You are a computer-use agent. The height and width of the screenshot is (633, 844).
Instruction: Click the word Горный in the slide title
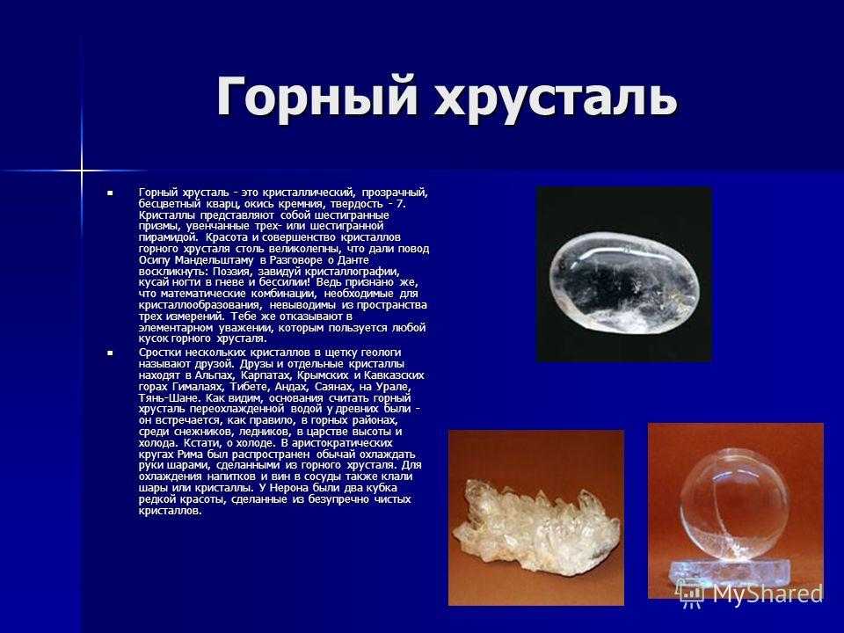pyautogui.click(x=317, y=97)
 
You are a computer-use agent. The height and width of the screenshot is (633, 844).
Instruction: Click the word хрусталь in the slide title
pyautogui.click(x=556, y=97)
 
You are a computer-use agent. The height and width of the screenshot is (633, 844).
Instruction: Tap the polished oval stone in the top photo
pyautogui.click(x=624, y=280)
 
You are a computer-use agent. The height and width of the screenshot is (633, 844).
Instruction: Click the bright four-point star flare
pyautogui.click(x=81, y=171)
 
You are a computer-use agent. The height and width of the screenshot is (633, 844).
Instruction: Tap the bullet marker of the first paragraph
pyautogui.click(x=111, y=193)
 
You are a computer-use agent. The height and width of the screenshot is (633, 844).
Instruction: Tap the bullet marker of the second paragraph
pyautogui.click(x=111, y=353)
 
